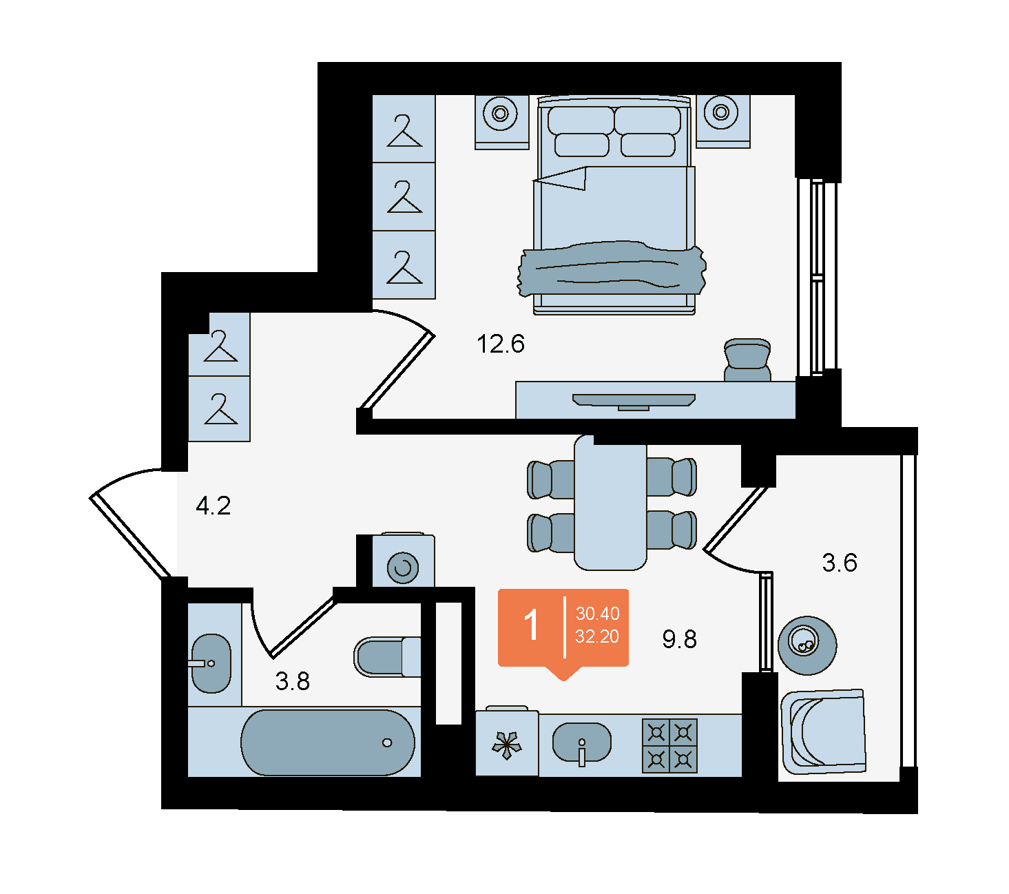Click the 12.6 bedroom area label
point(500,344)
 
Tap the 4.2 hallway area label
point(213,506)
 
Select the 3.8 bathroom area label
point(292,680)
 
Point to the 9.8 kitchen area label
point(679,638)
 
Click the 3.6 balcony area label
point(839,562)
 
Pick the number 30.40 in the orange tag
point(597,614)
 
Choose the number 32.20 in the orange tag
point(596,636)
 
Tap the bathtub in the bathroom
point(327,742)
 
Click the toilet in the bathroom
point(387,657)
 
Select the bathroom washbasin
point(211,663)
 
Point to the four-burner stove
point(669,746)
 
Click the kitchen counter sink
point(581,742)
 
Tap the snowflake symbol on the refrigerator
point(506,746)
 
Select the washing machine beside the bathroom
point(403,561)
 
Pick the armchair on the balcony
point(823,731)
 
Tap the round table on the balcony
point(807,645)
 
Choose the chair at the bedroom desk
point(747,360)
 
